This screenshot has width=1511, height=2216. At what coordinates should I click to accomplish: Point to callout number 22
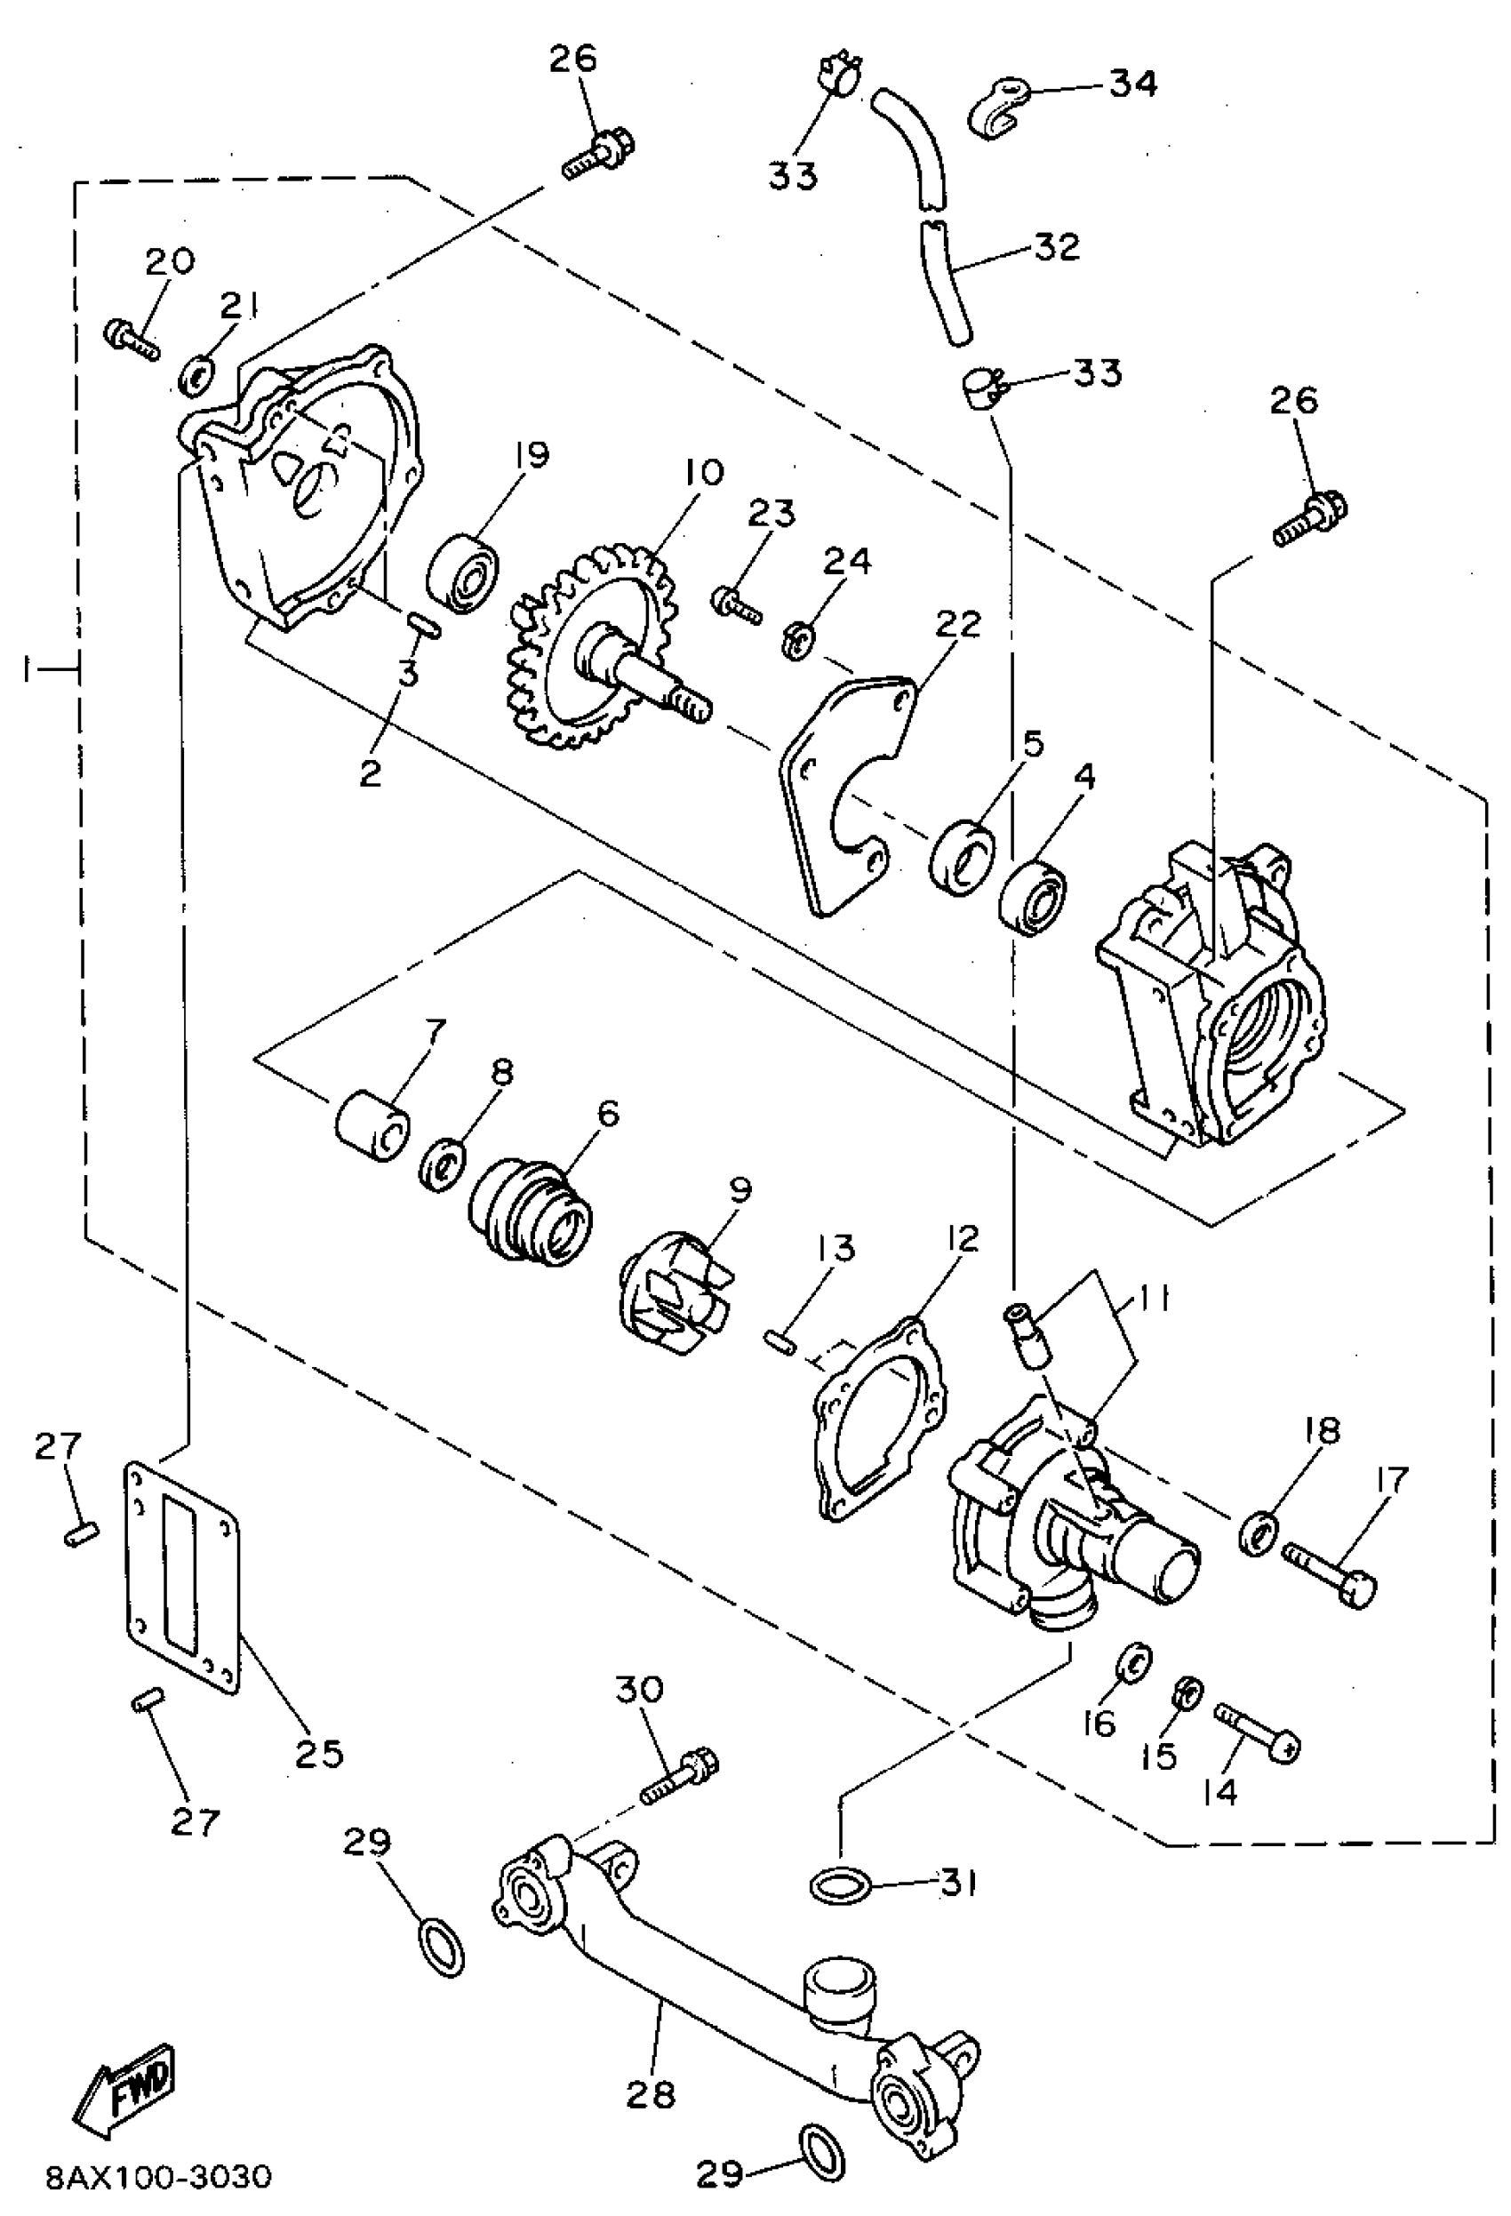click(x=956, y=625)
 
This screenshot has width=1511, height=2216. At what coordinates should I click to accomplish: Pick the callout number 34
click(x=1133, y=84)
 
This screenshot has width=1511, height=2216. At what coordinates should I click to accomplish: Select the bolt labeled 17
click(x=1329, y=1572)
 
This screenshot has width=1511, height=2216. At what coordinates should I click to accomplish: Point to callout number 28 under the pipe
click(x=652, y=2094)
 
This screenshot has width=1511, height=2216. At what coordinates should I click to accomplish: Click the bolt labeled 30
click(x=679, y=1774)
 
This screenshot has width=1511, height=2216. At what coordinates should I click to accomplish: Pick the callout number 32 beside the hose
click(x=1056, y=246)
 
